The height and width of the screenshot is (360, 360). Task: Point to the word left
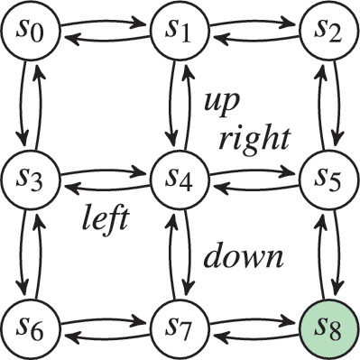(x=106, y=217)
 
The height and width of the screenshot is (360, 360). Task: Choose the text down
(x=243, y=256)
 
